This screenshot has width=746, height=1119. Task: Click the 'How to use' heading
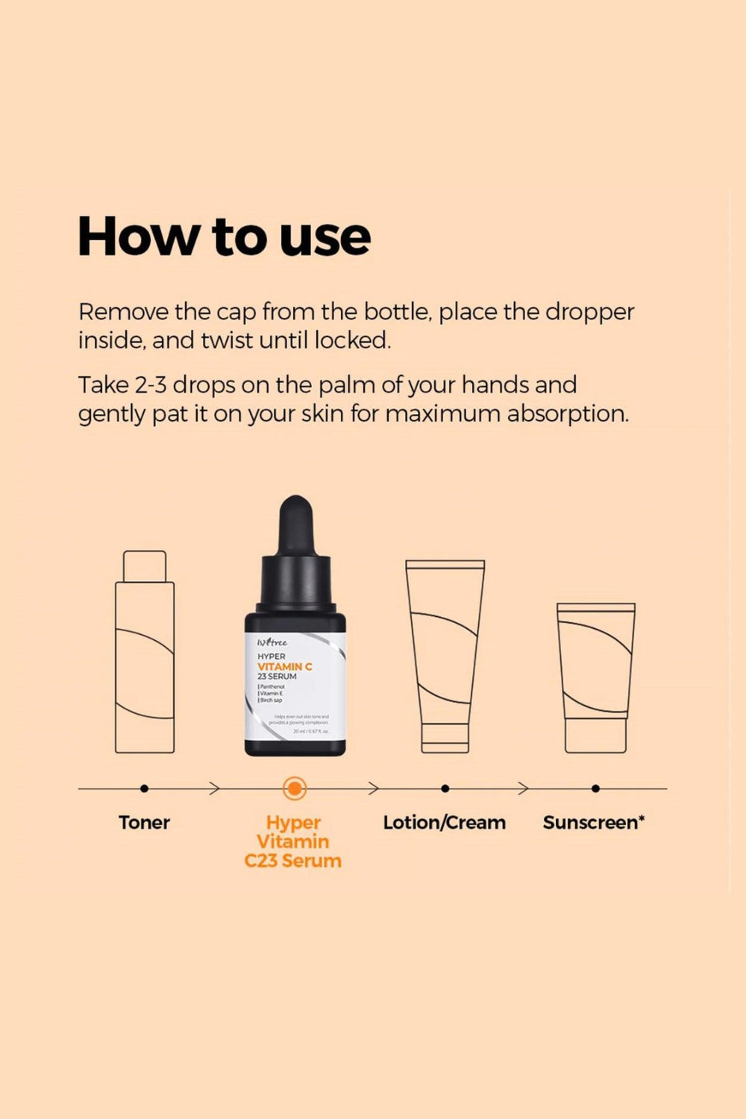point(224,236)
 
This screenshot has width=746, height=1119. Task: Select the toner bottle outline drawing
point(145,664)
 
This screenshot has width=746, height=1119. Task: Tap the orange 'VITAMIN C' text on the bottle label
point(284,666)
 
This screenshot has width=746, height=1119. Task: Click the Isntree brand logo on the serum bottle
point(272,642)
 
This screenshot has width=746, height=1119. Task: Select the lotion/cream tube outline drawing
point(445,656)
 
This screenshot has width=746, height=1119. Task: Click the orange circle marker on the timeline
point(295,788)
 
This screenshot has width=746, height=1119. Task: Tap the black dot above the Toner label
point(144,788)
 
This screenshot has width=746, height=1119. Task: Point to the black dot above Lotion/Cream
point(445,788)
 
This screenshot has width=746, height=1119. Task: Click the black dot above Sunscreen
point(595,788)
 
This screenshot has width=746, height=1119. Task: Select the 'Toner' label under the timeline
point(144,822)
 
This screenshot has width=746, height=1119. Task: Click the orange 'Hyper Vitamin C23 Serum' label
point(293,841)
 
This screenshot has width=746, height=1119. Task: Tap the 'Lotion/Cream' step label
point(445,822)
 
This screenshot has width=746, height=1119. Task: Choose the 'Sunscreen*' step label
point(594,822)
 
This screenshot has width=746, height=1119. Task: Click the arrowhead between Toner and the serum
point(215,788)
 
